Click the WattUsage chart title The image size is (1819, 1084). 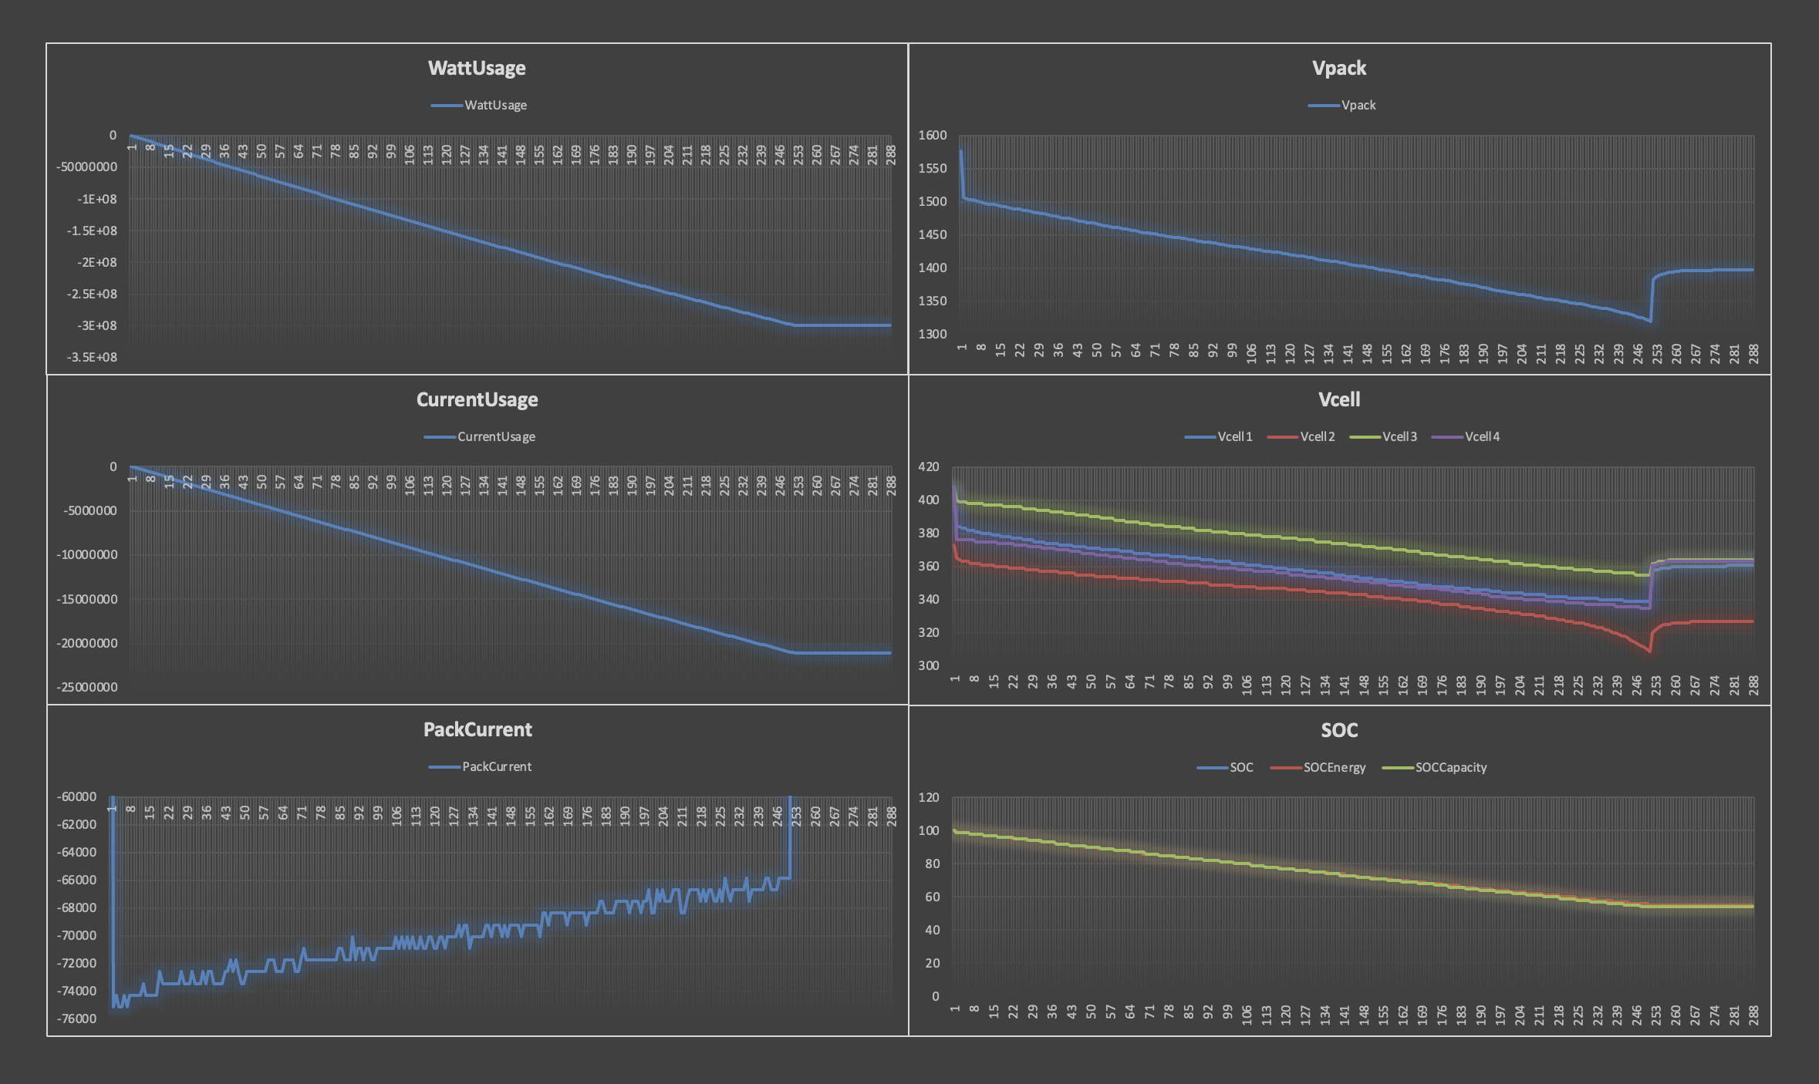pyautogui.click(x=477, y=68)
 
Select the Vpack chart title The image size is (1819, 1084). pyautogui.click(x=1338, y=68)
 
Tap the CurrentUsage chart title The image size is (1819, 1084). pyautogui.click(x=477, y=399)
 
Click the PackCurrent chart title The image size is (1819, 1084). pyautogui.click(x=478, y=729)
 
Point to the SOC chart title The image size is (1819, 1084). pyautogui.click(x=1338, y=730)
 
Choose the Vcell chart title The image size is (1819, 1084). pyautogui.click(x=1338, y=399)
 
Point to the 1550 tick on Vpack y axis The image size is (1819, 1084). pyautogui.click(x=932, y=168)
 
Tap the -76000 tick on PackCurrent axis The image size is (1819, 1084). pyautogui.click(x=76, y=1018)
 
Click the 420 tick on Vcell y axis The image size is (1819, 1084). pyautogui.click(x=928, y=466)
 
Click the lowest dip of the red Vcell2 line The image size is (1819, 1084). pyautogui.click(x=1650, y=651)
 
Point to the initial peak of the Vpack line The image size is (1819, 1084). pyautogui.click(x=960, y=150)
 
